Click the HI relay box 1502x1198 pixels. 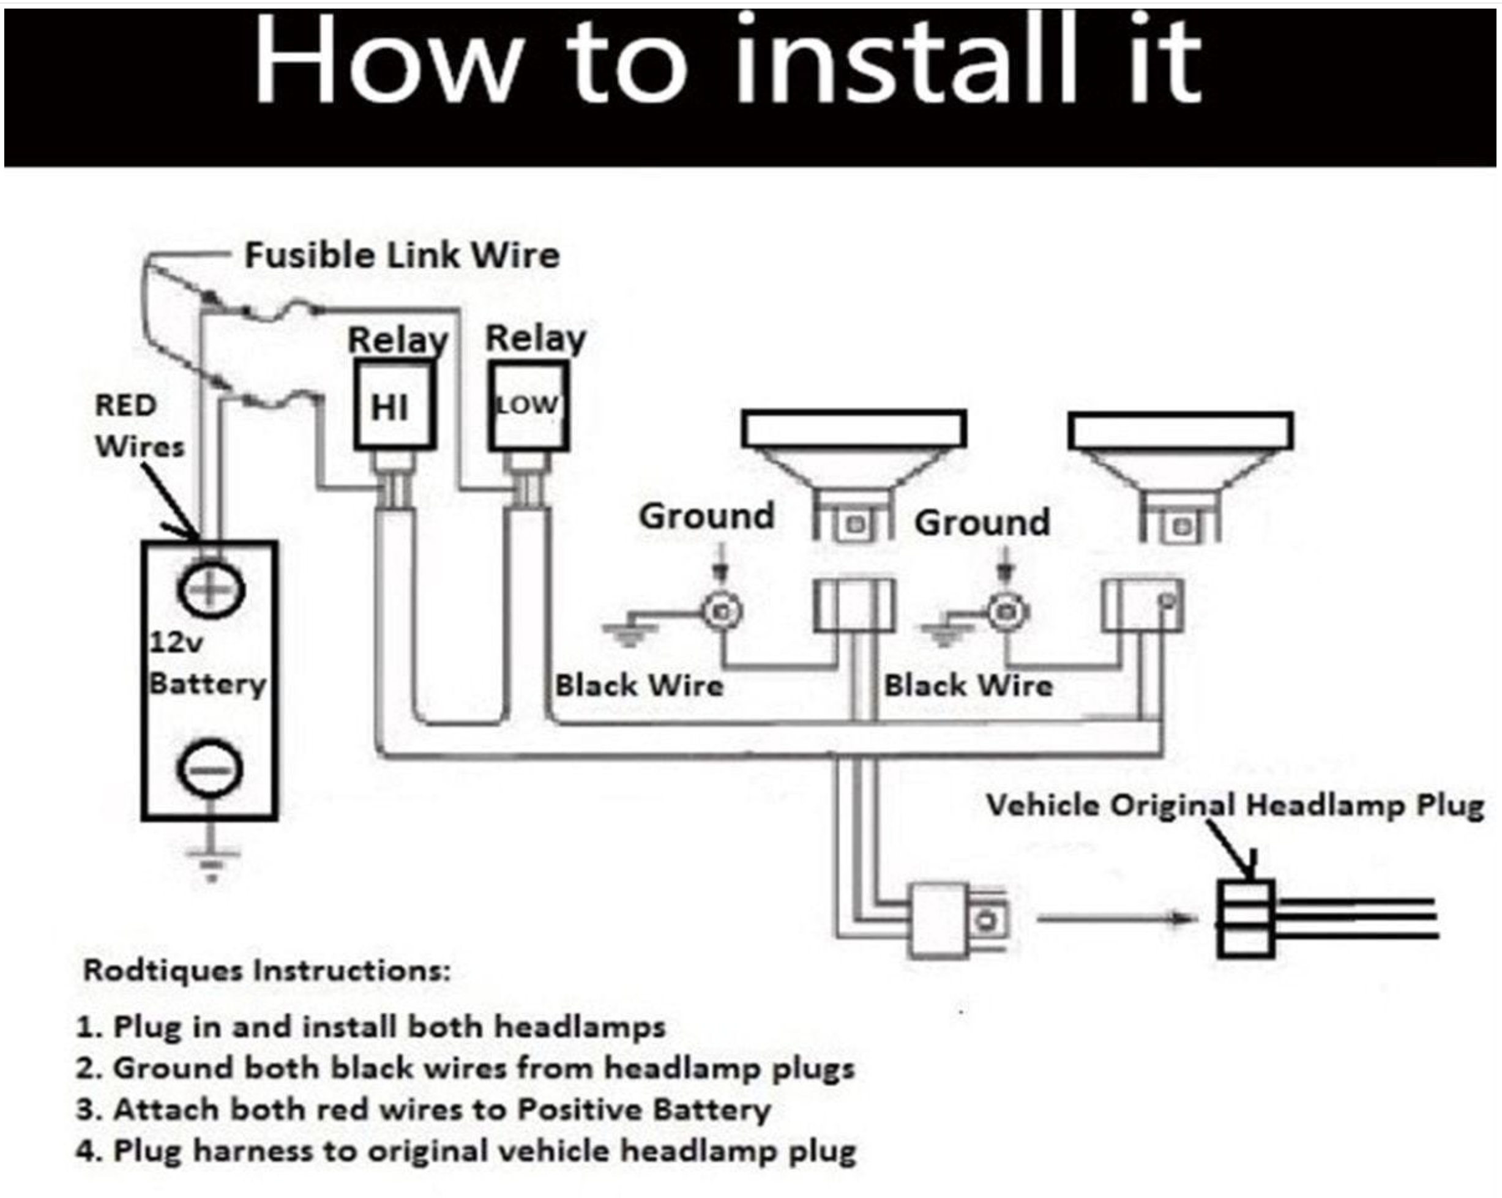point(394,406)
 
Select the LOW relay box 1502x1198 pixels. point(528,406)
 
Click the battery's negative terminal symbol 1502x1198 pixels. point(211,769)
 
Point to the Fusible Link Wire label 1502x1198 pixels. point(402,255)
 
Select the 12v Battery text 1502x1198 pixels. point(207,663)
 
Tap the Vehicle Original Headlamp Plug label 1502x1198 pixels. point(1235,806)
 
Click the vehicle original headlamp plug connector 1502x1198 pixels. point(1246,919)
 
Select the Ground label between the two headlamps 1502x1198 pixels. point(982,523)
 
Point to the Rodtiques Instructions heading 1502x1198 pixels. point(267,970)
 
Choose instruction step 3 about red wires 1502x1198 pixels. point(423,1109)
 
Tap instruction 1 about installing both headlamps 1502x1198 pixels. point(371,1027)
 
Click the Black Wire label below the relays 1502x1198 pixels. point(639,685)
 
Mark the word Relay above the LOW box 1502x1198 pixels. point(535,338)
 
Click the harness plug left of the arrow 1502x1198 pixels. point(956,920)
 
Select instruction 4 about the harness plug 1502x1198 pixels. point(465,1151)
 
